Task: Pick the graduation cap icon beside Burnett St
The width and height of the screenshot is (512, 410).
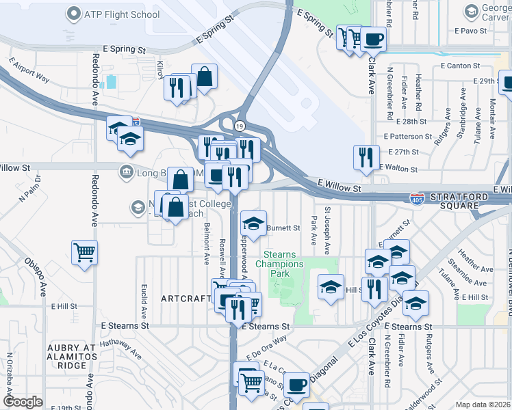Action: click(253, 224)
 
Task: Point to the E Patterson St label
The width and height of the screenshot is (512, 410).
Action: click(408, 137)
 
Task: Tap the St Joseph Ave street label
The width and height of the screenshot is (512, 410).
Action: click(327, 229)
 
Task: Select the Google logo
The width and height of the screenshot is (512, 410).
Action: click(23, 402)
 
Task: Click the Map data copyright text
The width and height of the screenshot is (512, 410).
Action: click(483, 405)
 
